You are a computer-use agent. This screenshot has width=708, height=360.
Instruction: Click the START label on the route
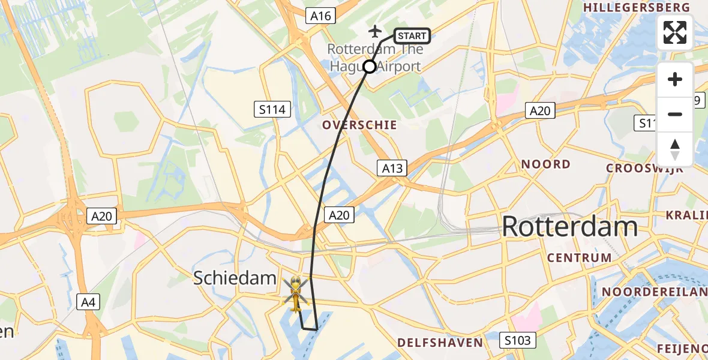pos(412,36)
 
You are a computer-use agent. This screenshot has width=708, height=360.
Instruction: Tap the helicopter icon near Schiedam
pos(296,293)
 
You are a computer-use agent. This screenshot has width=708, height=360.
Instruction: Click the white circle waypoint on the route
pos(370,67)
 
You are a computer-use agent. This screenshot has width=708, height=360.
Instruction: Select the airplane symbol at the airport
pos(376,31)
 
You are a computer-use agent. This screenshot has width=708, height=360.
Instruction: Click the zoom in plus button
pos(675,79)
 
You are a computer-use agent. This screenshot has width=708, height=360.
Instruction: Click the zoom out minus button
pos(675,114)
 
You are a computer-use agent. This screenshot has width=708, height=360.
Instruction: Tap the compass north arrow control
pos(675,149)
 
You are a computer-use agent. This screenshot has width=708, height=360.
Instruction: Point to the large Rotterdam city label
pos(569,227)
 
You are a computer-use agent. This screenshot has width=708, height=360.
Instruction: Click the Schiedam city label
pos(235,278)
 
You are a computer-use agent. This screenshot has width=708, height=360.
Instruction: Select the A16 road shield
pos(321,16)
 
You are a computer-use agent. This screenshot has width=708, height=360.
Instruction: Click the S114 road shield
pos(272,109)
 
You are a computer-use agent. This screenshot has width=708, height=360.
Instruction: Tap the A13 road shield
pos(393,168)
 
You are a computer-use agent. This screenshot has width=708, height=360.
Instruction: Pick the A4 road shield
pos(88,303)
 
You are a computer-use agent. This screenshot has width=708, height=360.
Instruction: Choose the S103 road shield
pos(517,341)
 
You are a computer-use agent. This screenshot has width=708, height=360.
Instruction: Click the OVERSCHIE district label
pos(359,125)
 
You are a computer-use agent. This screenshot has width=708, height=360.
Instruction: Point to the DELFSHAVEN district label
pos(440,343)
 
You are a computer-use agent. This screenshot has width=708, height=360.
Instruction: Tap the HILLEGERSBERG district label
pos(637,7)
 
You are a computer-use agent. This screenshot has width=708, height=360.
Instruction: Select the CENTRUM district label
pos(579,258)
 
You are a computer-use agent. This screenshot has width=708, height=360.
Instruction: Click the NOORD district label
pos(545,164)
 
